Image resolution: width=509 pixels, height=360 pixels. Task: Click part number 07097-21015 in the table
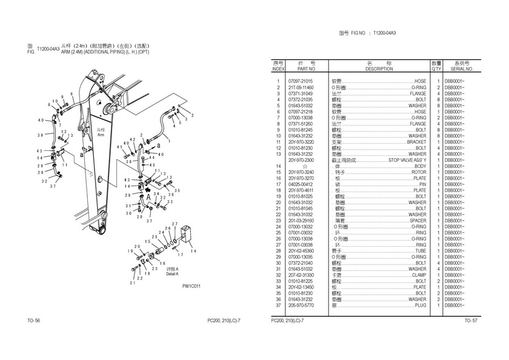tap(301, 81)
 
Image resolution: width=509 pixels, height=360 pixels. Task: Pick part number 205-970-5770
tap(301, 305)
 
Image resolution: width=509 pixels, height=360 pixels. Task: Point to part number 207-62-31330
tap(301, 275)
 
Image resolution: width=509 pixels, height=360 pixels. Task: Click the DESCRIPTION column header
tap(379, 69)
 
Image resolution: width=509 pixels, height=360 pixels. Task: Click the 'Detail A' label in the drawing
tap(173, 275)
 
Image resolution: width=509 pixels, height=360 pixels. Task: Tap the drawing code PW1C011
tap(191, 287)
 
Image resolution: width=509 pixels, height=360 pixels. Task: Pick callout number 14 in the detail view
tap(193, 250)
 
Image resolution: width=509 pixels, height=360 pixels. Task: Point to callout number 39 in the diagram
tap(40, 135)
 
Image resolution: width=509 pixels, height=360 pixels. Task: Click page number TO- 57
tap(471, 320)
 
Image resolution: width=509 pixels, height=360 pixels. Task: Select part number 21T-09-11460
tap(301, 87)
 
